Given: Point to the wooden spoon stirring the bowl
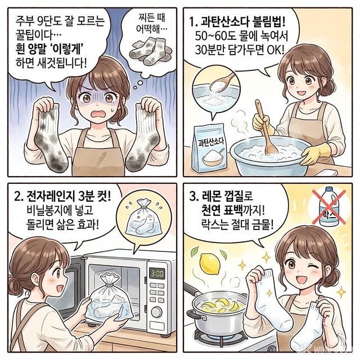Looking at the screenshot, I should pos(265,127).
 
